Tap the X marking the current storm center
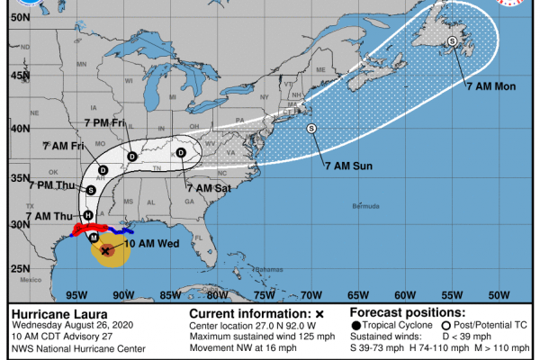107,251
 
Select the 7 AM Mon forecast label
490,86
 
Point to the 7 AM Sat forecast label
209,187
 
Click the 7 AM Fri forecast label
62,146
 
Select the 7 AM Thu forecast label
50,217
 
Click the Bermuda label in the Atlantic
367,206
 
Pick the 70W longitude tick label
311,294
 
